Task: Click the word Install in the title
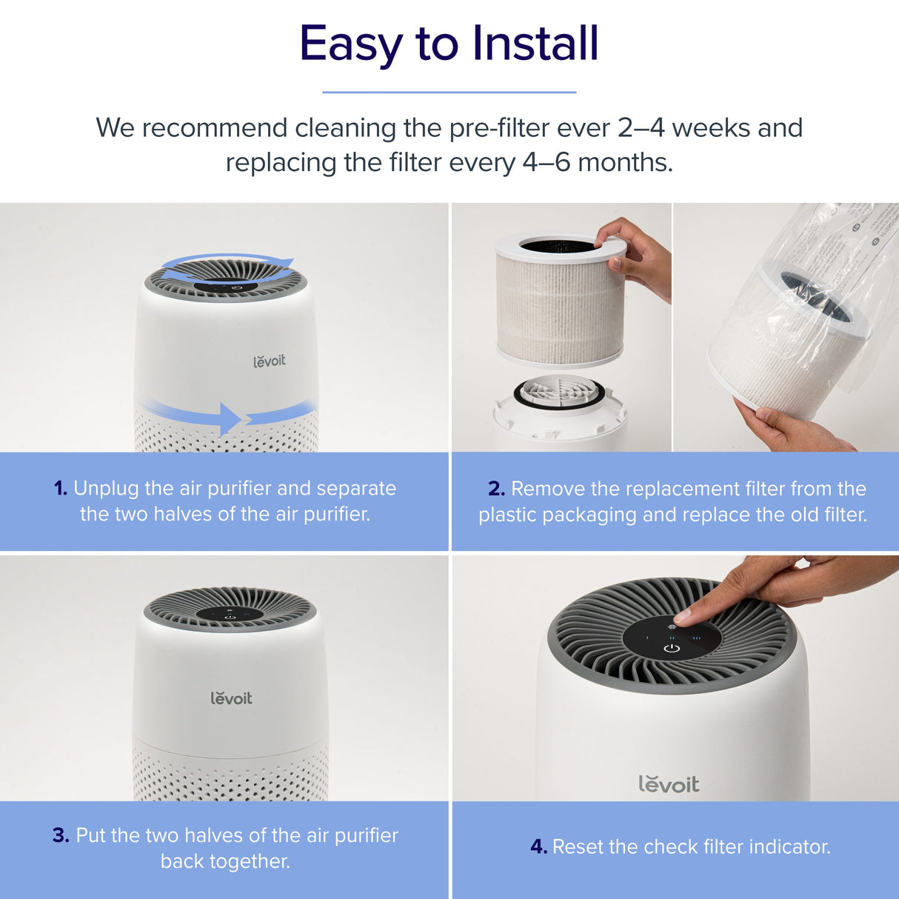(x=535, y=44)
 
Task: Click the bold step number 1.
(x=60, y=489)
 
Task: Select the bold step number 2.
(x=496, y=489)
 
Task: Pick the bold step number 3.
(x=61, y=835)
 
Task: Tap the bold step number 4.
(x=538, y=847)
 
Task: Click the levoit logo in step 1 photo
(x=269, y=361)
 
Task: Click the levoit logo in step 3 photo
(x=231, y=698)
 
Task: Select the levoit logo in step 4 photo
(x=669, y=784)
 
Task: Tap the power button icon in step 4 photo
(x=672, y=649)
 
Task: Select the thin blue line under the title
(x=449, y=93)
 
